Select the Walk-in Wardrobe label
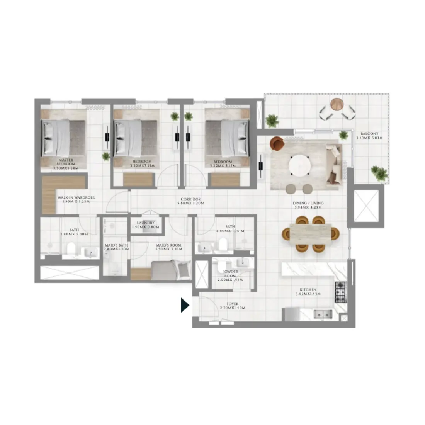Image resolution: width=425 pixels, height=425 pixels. pyautogui.click(x=76, y=199)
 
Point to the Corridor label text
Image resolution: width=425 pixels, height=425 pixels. pyautogui.click(x=190, y=201)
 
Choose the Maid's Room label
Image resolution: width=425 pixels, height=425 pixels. pyautogui.click(x=168, y=247)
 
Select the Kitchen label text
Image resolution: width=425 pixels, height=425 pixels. pyautogui.click(x=308, y=292)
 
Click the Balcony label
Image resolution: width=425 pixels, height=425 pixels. pyautogui.click(x=370, y=136)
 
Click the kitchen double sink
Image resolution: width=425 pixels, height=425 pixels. pyautogui.click(x=323, y=314)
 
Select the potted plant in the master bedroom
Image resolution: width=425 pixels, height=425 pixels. pyautogui.click(x=105, y=156)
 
